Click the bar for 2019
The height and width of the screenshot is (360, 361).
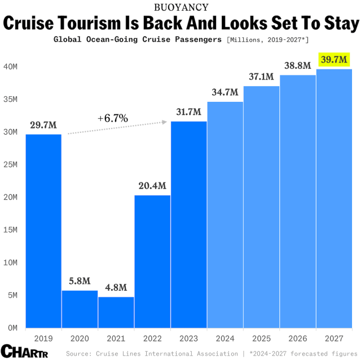coord(43,230)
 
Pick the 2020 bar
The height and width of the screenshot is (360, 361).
coord(80,308)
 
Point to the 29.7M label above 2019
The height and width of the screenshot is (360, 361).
coord(43,125)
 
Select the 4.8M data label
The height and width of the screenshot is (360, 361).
coord(116,287)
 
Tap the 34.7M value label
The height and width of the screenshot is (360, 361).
coord(225,92)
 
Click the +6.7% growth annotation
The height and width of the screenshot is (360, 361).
coord(113,118)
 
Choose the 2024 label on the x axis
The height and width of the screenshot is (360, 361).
coord(225,340)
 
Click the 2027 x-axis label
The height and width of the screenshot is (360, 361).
coord(334,340)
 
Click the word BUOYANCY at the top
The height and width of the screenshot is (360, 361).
coord(180,7)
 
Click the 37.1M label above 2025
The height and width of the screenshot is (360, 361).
coord(262,77)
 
